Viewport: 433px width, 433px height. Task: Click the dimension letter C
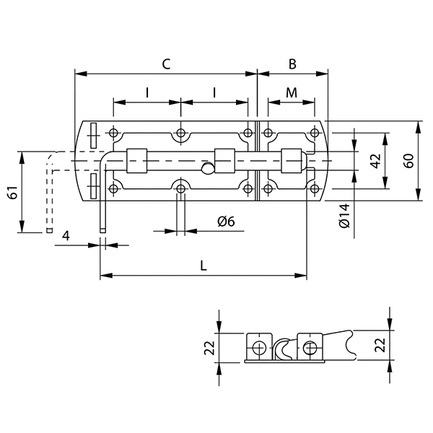(x=166, y=64)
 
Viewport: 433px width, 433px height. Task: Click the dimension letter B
(x=292, y=64)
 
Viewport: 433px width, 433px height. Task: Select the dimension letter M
(x=292, y=93)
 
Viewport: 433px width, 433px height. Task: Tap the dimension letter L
(x=204, y=266)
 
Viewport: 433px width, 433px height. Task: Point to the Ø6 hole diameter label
(x=226, y=222)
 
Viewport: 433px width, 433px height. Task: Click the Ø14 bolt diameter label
(x=344, y=216)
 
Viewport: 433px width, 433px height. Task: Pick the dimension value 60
(x=408, y=160)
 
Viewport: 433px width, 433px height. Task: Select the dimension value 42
(x=375, y=161)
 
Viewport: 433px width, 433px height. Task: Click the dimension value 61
(x=13, y=193)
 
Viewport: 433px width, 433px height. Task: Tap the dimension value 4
(x=66, y=236)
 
